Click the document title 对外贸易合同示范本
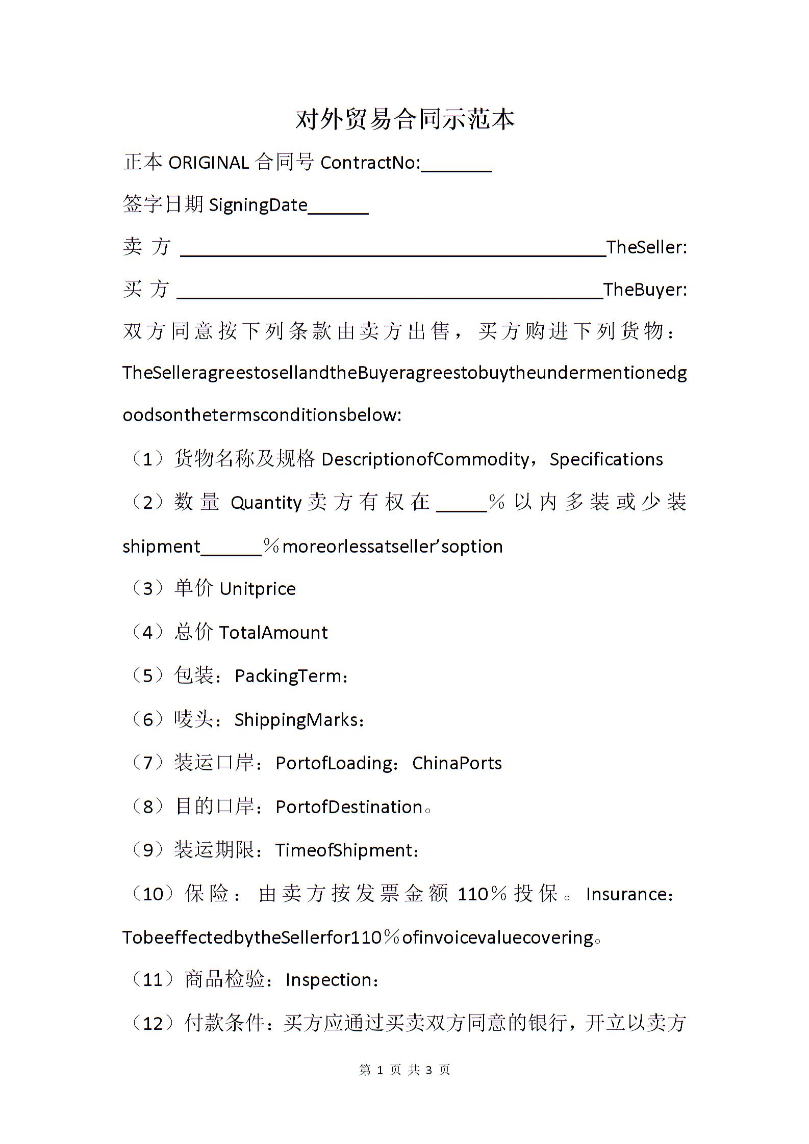(x=404, y=120)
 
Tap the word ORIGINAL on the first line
(x=208, y=163)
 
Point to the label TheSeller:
(x=646, y=247)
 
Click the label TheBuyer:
(x=645, y=290)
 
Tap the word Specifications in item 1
(x=606, y=459)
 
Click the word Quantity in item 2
(x=266, y=503)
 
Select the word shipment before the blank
(x=161, y=547)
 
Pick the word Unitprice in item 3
(x=257, y=589)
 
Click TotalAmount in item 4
(x=273, y=633)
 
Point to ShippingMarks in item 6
(x=296, y=720)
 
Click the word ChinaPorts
(x=457, y=763)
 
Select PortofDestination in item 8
(x=349, y=807)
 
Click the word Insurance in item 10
(x=626, y=894)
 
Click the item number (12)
(x=153, y=1023)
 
